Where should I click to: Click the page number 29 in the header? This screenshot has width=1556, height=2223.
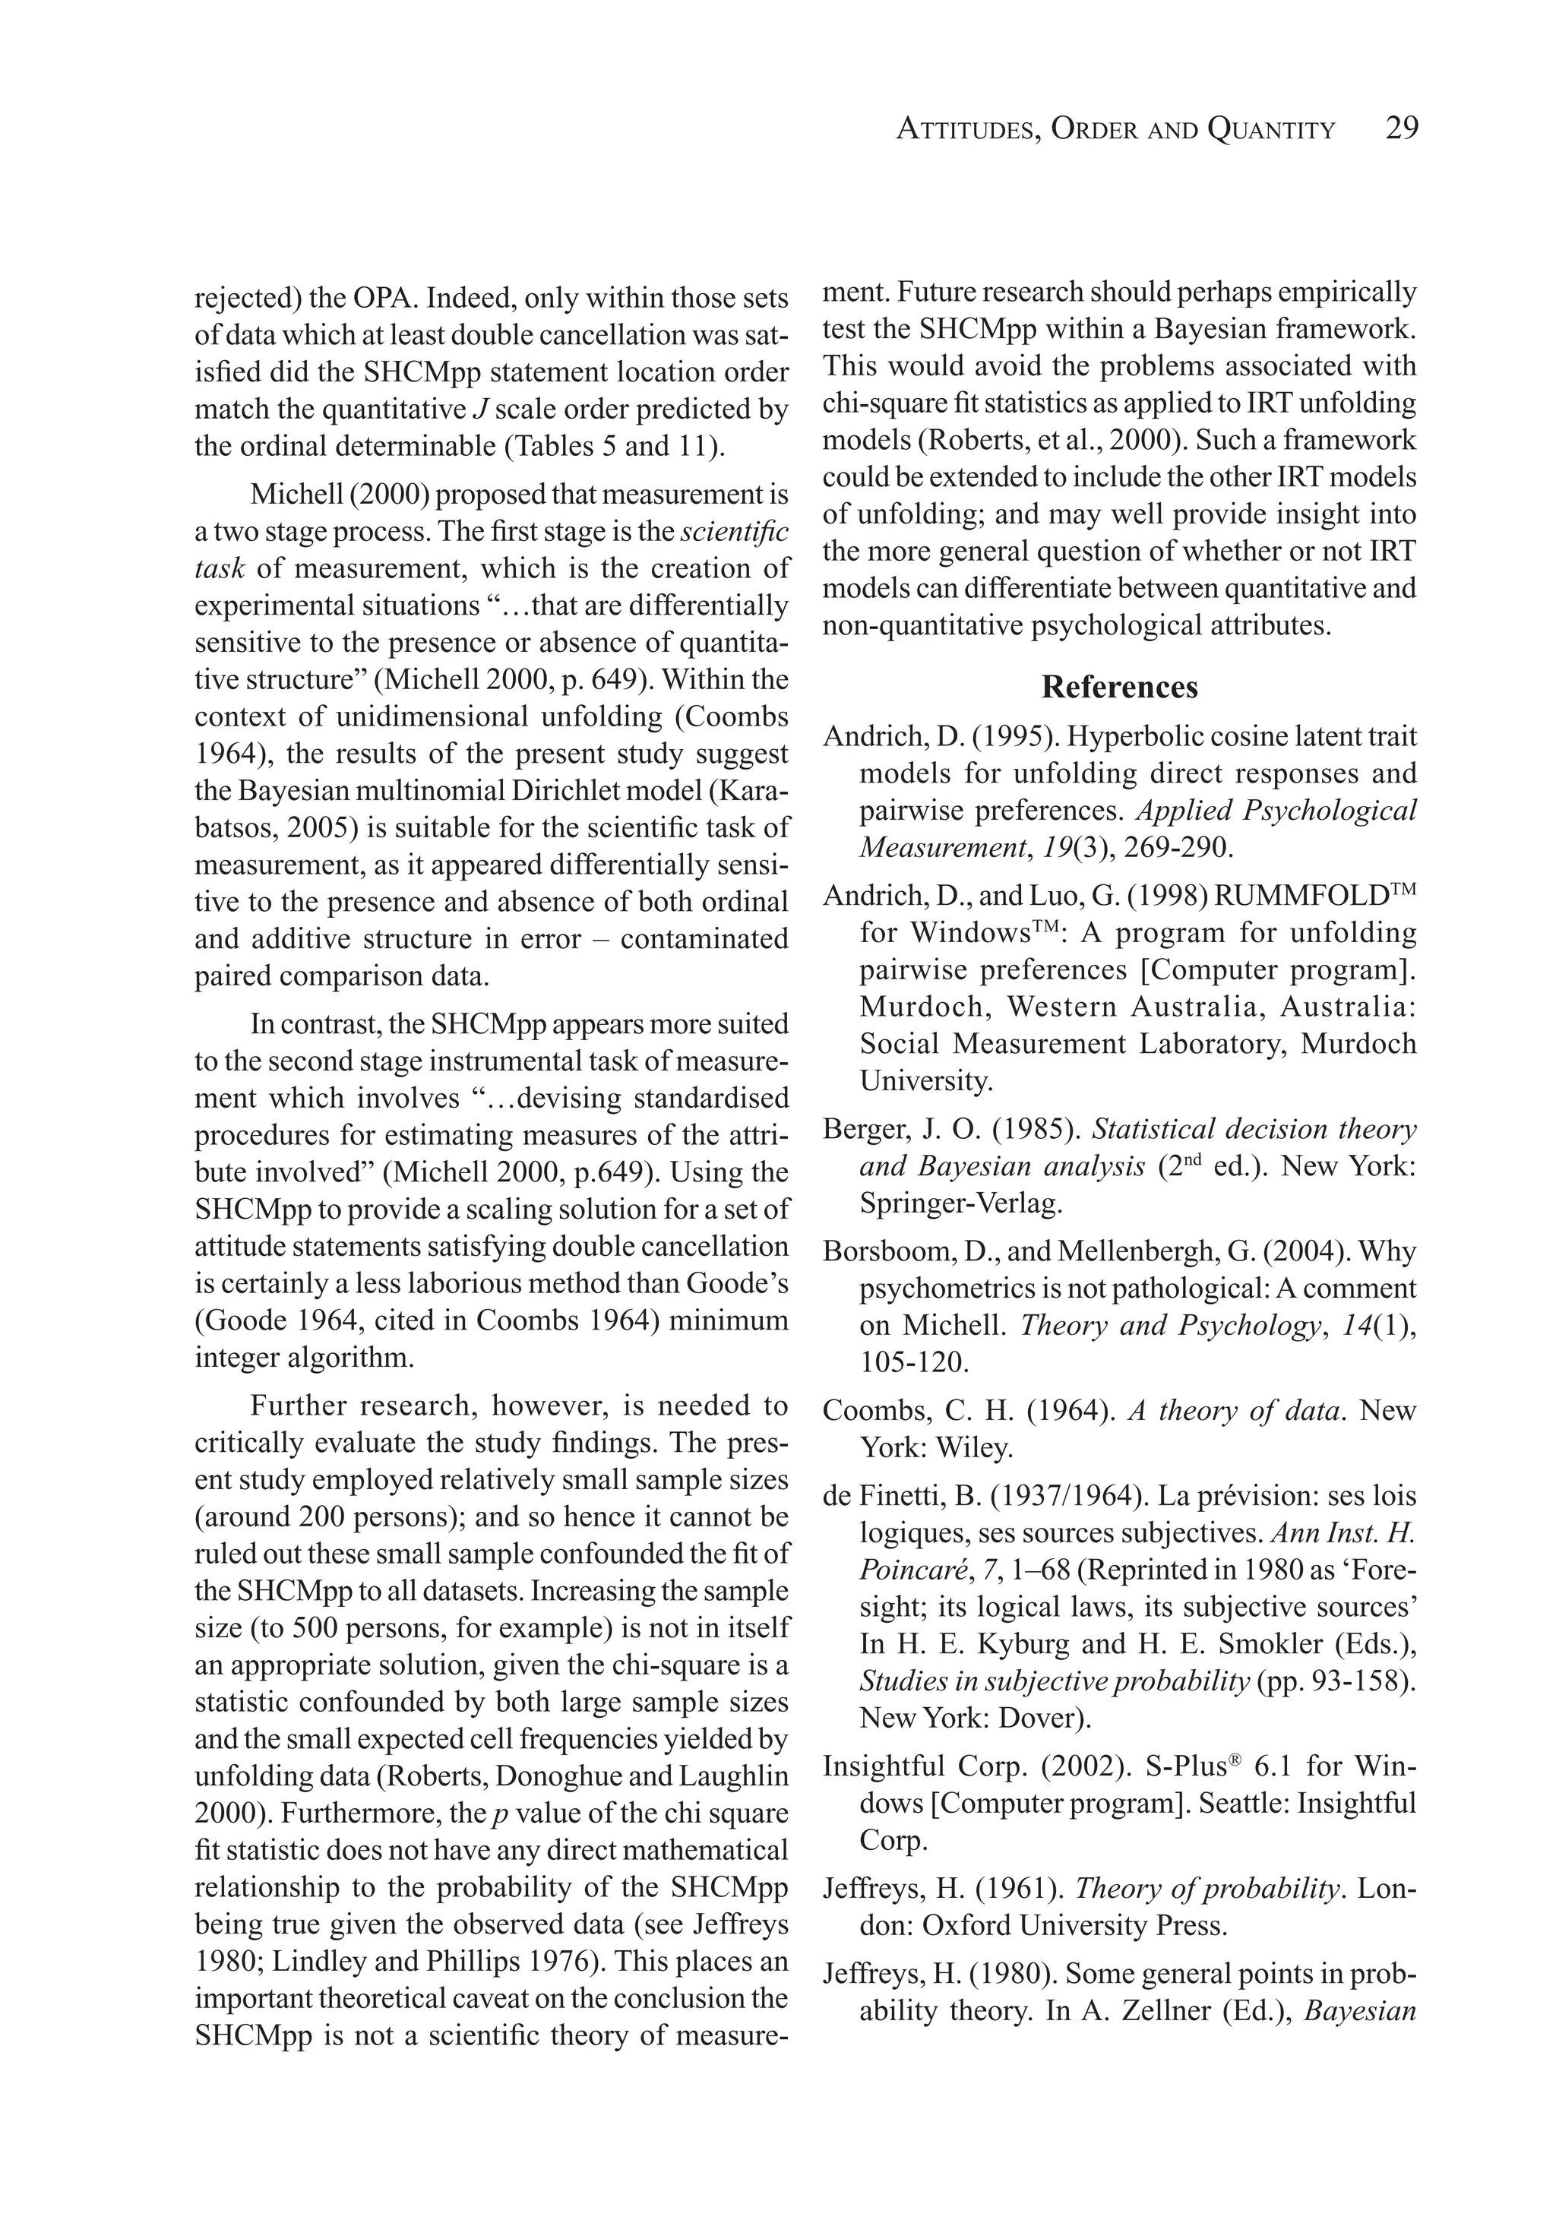pos(1401,128)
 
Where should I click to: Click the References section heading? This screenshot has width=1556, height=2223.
pos(1119,687)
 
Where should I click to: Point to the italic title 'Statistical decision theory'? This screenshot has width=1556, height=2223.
pos(1254,1129)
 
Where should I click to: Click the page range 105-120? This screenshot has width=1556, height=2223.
pos(913,1362)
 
